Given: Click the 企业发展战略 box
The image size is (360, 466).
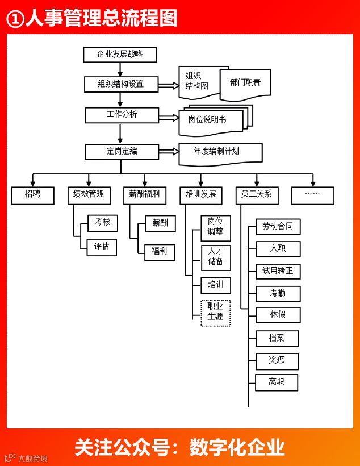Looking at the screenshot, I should tap(120, 55).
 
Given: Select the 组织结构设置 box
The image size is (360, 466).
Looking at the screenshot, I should tap(120, 84).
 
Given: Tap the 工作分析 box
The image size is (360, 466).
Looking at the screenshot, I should tap(122, 115).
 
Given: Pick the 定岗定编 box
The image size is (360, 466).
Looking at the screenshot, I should tap(122, 151).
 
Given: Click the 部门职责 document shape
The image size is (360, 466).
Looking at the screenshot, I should tap(245, 83).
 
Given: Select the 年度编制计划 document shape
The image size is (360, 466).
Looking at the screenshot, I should tap(220, 152).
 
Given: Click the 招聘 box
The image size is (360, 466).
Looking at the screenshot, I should tap(33, 194).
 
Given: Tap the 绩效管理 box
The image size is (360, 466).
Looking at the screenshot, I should tap(88, 194).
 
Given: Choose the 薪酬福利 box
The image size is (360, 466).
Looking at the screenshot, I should tap(144, 194).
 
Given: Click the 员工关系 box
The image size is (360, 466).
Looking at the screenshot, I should tap(257, 194).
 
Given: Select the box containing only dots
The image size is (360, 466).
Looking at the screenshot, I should tap(312, 194).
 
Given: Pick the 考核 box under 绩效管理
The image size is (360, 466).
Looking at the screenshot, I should tap(102, 223).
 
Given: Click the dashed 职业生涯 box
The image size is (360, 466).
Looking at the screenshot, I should tap(215, 313).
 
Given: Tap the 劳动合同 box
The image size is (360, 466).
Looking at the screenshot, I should tap(277, 226).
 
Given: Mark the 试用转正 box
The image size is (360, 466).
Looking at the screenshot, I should tap(277, 271).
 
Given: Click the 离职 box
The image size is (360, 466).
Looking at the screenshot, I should tap(277, 382).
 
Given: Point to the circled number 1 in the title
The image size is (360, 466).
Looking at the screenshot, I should tap(15, 19).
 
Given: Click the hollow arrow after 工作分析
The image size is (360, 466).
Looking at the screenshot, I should tap(168, 118).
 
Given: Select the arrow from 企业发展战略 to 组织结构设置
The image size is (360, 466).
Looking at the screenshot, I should tap(120, 69).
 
